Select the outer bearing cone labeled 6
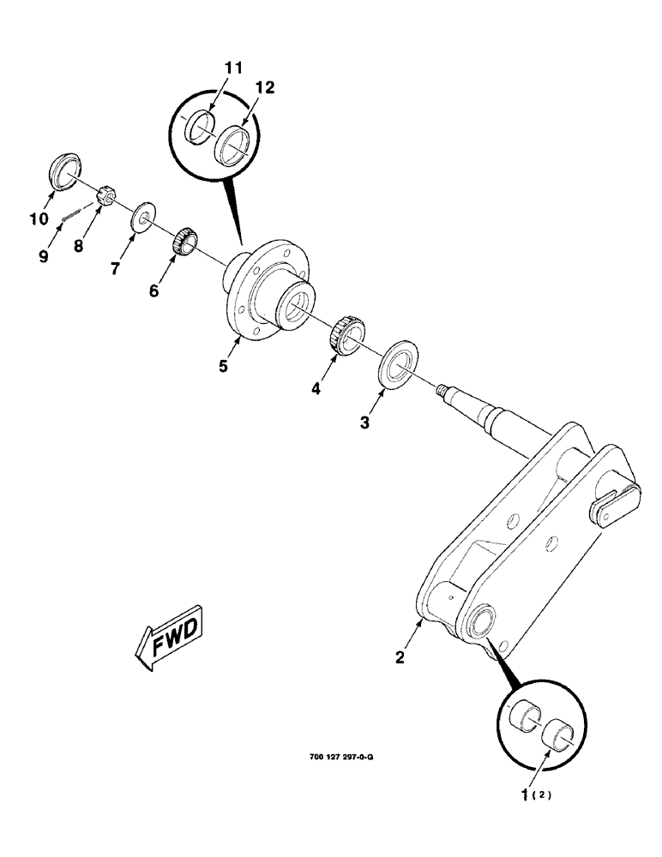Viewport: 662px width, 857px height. point(183,239)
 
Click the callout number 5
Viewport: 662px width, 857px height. point(222,365)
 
